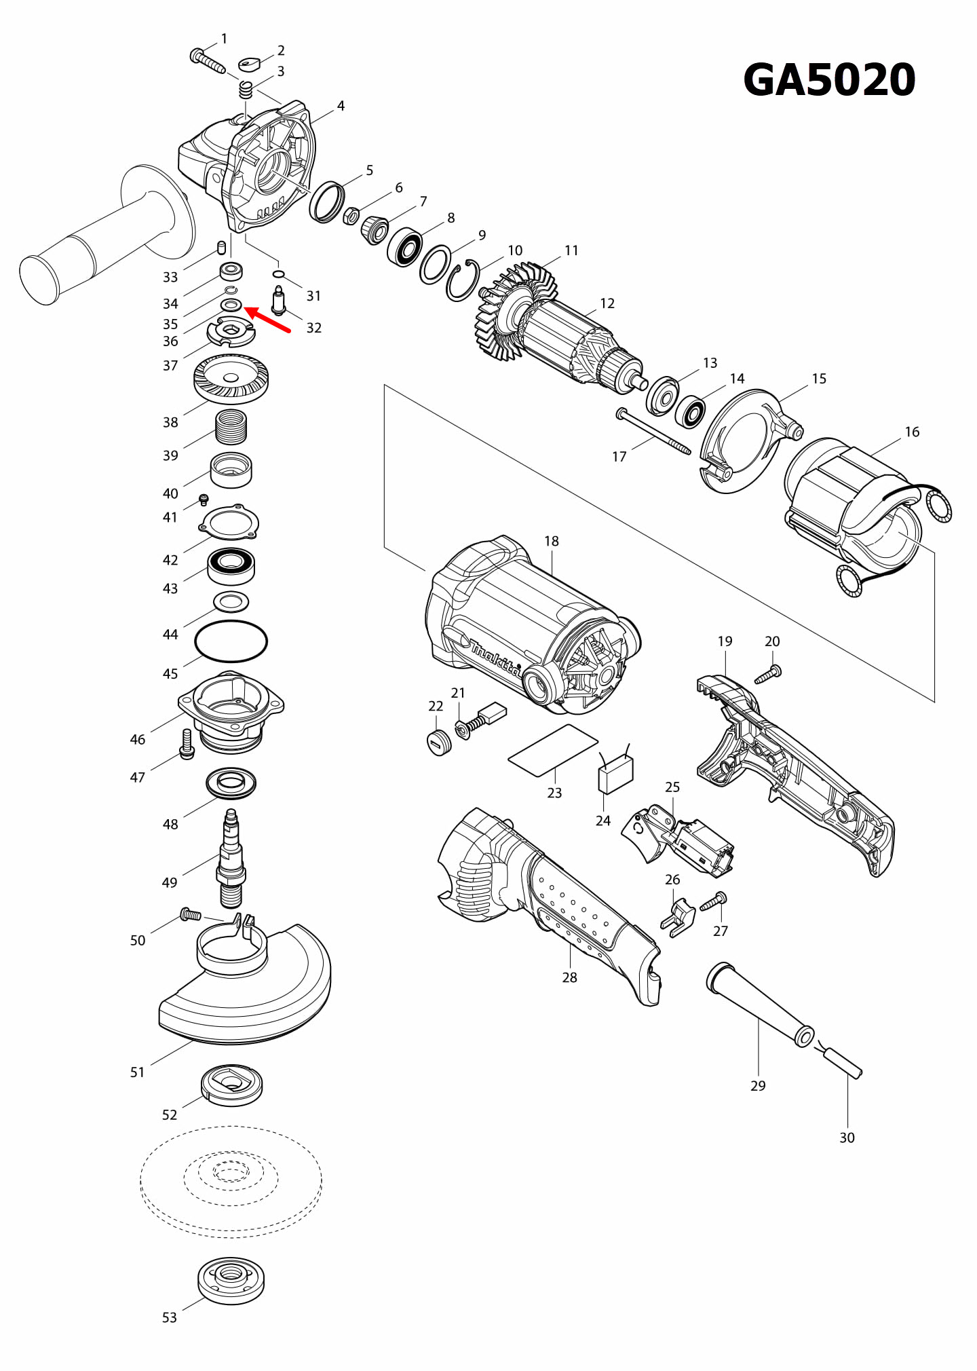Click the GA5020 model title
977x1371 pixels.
click(829, 80)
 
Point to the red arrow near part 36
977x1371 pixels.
click(267, 320)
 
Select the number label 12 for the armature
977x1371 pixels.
click(607, 303)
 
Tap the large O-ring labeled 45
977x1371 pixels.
click(231, 641)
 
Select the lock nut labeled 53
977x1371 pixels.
click(231, 1280)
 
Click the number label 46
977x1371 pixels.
click(138, 739)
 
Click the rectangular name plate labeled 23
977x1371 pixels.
click(553, 749)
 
